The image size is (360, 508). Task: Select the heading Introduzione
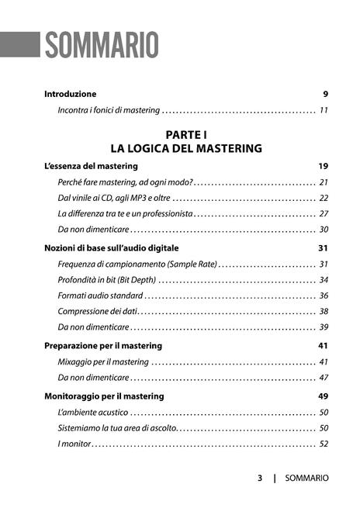[71, 94]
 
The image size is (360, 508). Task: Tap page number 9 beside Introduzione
[326, 94]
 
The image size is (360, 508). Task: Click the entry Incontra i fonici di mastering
[109, 110]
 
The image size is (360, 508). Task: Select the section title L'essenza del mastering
[91, 166]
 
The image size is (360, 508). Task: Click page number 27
[324, 213]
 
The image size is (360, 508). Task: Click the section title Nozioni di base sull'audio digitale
[112, 248]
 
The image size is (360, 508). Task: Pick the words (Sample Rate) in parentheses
[192, 264]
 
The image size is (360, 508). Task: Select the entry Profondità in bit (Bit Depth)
[107, 279]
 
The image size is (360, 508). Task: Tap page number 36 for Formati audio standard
[324, 295]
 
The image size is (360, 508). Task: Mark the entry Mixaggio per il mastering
[103, 361]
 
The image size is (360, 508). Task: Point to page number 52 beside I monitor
[324, 444]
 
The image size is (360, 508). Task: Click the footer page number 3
[260, 479]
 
